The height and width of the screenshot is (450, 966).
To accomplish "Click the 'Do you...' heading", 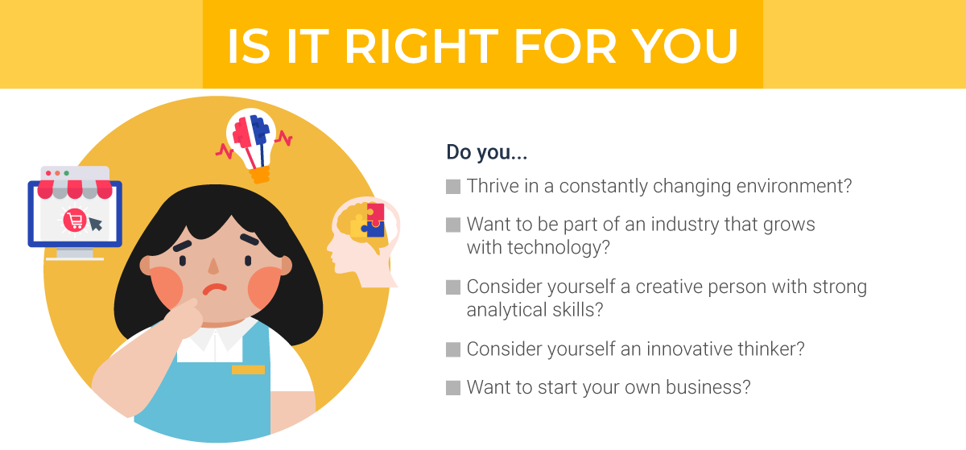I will [x=487, y=152].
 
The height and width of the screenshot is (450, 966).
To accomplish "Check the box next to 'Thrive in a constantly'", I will [x=453, y=187].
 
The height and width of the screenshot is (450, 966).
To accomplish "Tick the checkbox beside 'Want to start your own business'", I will [x=453, y=388].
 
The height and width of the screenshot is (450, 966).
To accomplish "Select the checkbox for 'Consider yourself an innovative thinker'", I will [x=453, y=349].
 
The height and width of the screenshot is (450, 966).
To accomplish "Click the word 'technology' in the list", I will [x=556, y=246].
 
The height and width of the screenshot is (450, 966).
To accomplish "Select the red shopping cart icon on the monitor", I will [x=74, y=219].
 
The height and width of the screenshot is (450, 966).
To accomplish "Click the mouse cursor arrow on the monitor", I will [x=96, y=222].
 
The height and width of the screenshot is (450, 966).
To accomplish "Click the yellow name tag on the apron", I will [x=248, y=369].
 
